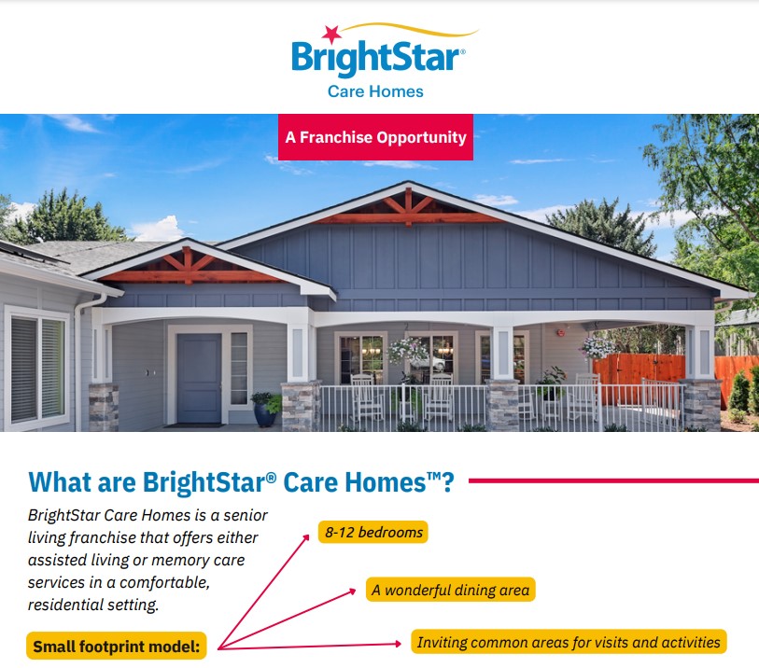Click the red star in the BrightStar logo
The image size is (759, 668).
pos(332,35)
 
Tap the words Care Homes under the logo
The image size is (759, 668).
pos(375,91)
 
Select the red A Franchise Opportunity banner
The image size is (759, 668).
pos(375,137)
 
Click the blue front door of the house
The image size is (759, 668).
pos(199,378)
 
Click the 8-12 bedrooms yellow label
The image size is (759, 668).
pos(373,532)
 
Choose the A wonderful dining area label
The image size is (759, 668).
pos(451,590)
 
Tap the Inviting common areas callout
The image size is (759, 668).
pos(569,642)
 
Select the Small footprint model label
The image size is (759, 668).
pos(117,646)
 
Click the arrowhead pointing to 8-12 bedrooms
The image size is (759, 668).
pos(306,537)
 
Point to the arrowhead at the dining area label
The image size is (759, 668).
pos(352,591)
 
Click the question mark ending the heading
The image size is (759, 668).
pos(448,482)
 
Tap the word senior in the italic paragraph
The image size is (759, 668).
pos(246,515)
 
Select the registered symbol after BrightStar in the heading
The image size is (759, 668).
pos(271,478)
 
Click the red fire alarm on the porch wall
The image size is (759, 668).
pos(560,333)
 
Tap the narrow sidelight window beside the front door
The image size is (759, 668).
pos(239,369)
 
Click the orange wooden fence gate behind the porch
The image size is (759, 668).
pos(639,371)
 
